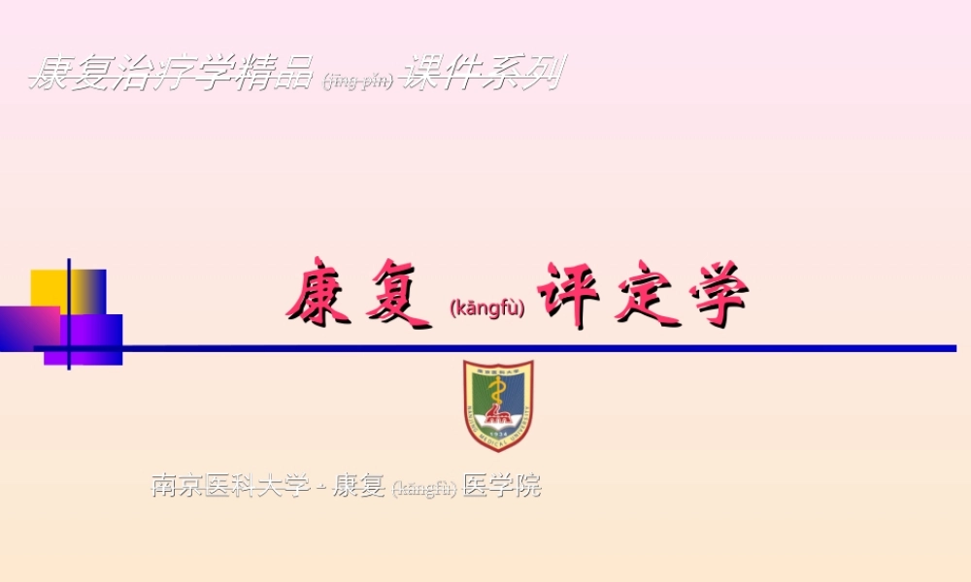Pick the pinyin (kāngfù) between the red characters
tap(487, 308)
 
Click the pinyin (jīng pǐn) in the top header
tap(358, 81)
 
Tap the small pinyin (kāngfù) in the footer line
tap(424, 488)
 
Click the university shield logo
tap(498, 405)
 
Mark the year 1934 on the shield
tap(498, 435)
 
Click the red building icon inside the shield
tap(498, 418)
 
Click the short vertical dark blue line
tap(69, 314)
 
